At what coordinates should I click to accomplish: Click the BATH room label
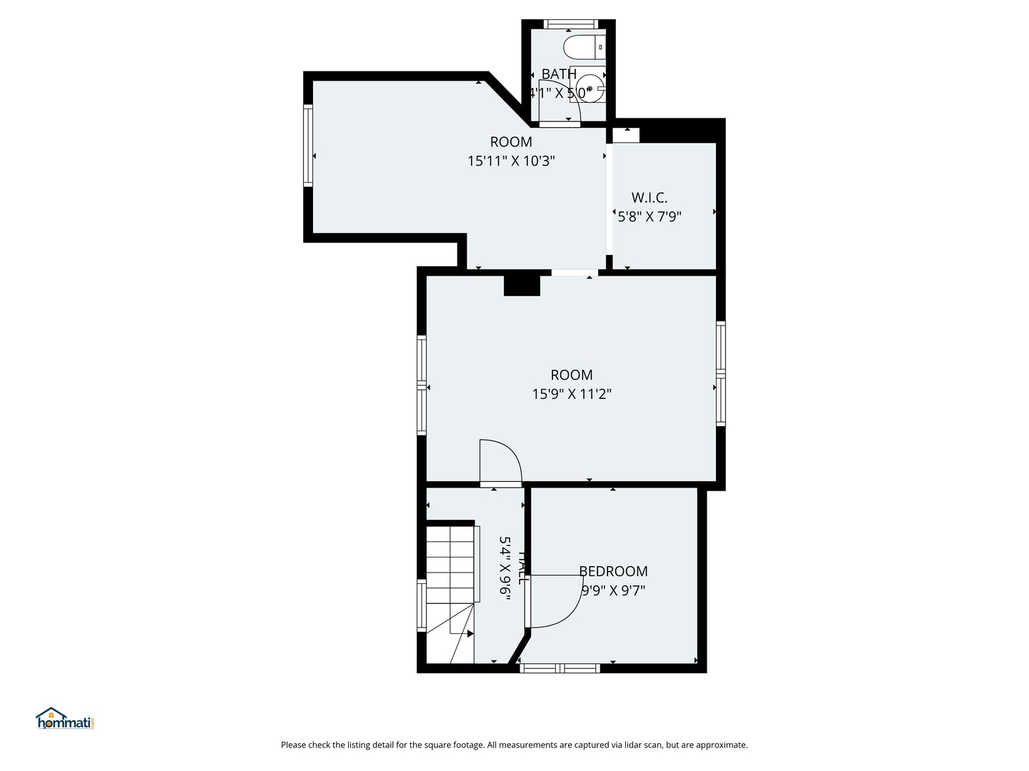(559, 74)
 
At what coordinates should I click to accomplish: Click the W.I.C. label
(649, 198)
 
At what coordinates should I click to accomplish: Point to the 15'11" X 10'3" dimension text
(511, 161)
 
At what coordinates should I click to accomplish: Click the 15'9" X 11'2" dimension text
(571, 394)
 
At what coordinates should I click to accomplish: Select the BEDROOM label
(613, 571)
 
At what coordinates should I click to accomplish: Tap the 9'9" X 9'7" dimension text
(613, 590)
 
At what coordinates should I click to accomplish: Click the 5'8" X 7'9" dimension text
(649, 216)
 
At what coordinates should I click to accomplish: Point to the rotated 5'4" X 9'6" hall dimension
(505, 569)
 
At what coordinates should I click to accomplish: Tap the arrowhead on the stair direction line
(469, 633)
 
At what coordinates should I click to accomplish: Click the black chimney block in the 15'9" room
(522, 285)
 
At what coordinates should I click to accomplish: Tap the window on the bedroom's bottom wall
(559, 668)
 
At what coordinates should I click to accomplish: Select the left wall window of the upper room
(308, 146)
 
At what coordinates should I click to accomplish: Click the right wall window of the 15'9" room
(721, 373)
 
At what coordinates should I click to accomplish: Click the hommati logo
(65, 719)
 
